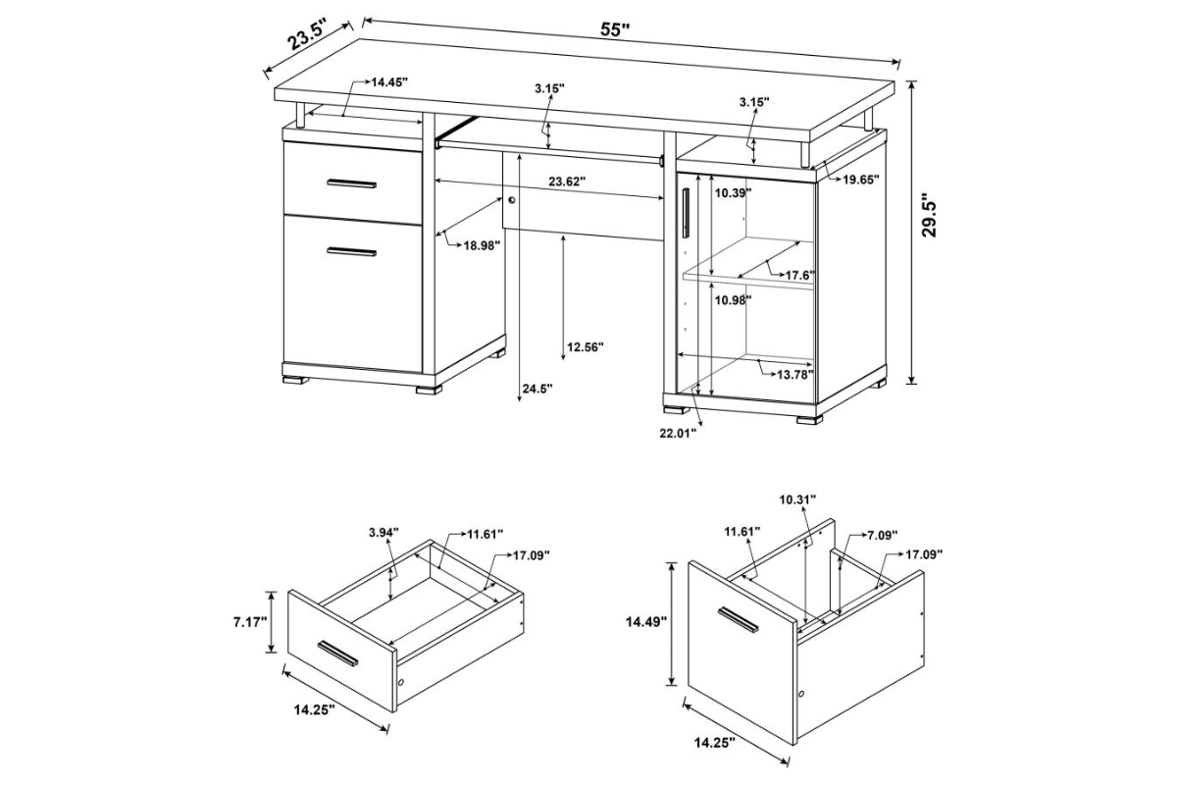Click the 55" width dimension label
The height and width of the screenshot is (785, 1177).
click(615, 29)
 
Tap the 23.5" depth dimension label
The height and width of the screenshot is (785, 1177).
click(307, 34)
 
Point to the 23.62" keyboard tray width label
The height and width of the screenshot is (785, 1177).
click(567, 182)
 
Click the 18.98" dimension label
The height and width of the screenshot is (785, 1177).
click(482, 245)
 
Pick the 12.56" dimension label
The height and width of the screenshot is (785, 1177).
click(586, 347)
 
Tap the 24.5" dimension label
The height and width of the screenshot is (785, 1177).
click(537, 390)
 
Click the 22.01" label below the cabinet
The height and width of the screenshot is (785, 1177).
click(679, 433)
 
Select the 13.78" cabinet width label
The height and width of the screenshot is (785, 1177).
click(795, 375)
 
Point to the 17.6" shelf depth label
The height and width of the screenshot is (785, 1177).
click(800, 275)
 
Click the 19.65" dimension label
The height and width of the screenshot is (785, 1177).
click(861, 180)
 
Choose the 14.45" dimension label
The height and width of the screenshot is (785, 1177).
click(390, 82)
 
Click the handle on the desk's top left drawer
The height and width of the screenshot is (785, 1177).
click(351, 183)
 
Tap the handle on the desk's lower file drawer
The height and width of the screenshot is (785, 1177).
click(351, 252)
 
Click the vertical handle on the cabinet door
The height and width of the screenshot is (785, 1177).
click(686, 214)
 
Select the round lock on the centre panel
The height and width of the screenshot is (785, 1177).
click(512, 200)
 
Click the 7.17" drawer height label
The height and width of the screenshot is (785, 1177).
click(251, 622)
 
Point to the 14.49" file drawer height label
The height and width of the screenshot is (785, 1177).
click(646, 622)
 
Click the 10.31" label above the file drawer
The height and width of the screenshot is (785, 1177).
click(797, 499)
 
